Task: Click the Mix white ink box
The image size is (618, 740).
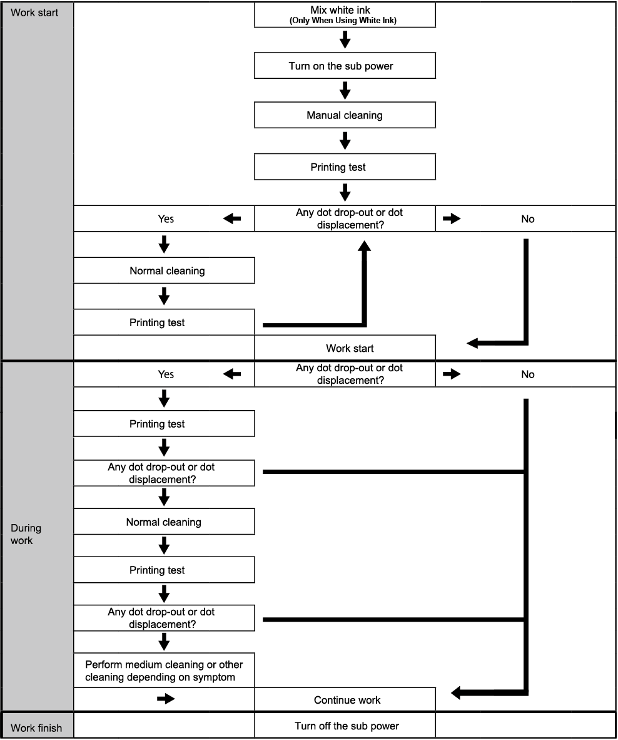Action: (345, 14)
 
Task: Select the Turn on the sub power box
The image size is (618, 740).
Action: (345, 66)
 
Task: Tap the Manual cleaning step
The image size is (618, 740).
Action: (345, 115)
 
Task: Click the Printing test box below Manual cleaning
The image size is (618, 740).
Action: (345, 167)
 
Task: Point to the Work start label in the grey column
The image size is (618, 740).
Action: (34, 13)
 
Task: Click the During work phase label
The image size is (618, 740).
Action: (26, 534)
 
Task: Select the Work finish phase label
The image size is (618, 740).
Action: (36, 727)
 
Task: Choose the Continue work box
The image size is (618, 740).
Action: (345, 699)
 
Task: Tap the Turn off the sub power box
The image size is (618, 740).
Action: (345, 726)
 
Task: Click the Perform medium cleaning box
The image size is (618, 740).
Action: (164, 670)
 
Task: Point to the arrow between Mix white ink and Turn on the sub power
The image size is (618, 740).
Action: (345, 39)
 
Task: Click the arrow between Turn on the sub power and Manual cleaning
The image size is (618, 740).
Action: (345, 90)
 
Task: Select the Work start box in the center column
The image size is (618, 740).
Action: (345, 348)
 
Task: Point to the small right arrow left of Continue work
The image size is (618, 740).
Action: (166, 699)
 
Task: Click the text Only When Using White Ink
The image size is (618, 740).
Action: (343, 20)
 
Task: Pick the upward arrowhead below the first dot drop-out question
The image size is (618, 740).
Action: (364, 246)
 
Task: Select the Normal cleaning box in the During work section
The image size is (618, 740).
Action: (164, 522)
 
